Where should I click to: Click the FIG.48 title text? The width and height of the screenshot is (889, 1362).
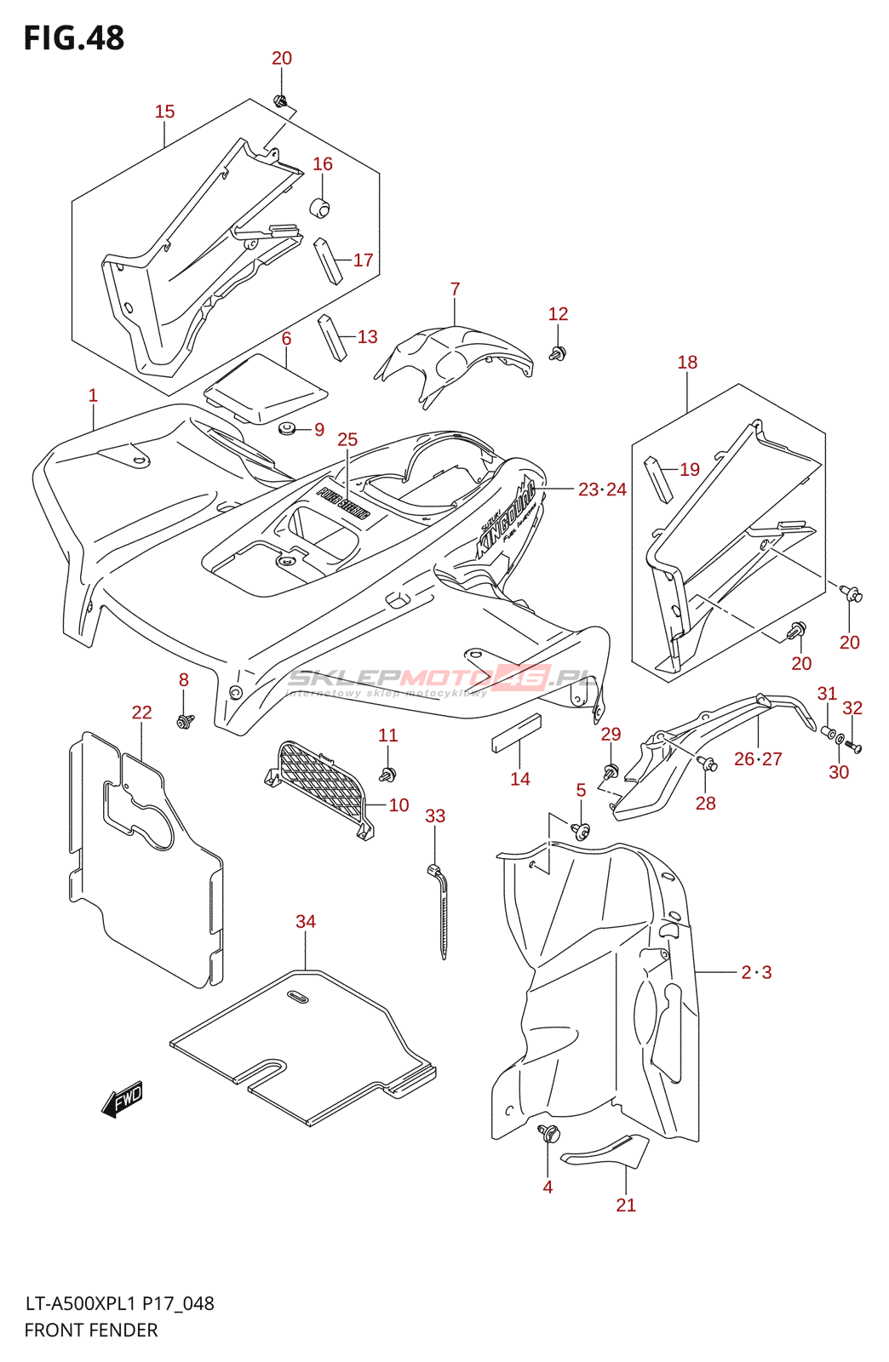[74, 38]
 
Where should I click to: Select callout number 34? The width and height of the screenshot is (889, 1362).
[305, 921]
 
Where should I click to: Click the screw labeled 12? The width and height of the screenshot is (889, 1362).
[559, 352]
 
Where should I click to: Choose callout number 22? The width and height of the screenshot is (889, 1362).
[141, 712]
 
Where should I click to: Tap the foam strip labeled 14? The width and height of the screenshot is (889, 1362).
[516, 734]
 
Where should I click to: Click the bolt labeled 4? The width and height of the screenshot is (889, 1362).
[548, 1134]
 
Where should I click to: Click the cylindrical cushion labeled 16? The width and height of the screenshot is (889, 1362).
[319, 207]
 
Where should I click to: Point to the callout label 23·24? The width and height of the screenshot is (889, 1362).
[602, 489]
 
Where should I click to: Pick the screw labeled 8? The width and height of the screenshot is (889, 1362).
[183, 721]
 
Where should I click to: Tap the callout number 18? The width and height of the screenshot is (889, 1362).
[687, 363]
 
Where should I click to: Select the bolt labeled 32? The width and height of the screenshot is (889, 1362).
[853, 747]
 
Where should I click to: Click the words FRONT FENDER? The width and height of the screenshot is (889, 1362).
[91, 1331]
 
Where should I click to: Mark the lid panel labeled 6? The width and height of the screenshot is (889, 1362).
[266, 387]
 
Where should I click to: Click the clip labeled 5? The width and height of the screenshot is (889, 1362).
[582, 831]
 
